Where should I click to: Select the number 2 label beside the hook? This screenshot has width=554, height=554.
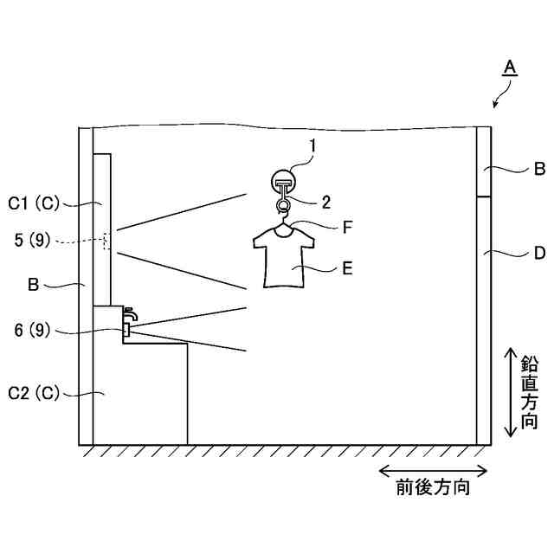(x=326, y=203)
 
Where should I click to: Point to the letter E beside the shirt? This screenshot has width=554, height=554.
(x=346, y=268)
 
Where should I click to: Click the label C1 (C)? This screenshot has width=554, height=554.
(x=34, y=203)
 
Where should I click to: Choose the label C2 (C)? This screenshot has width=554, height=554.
(x=34, y=392)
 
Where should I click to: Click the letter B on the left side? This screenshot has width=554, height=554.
(x=34, y=282)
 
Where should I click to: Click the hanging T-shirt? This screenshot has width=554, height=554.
(x=283, y=257)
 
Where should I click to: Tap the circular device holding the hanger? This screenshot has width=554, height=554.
(x=283, y=183)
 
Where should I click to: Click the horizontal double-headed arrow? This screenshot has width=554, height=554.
(x=433, y=471)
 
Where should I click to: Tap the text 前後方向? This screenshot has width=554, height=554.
(x=433, y=488)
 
